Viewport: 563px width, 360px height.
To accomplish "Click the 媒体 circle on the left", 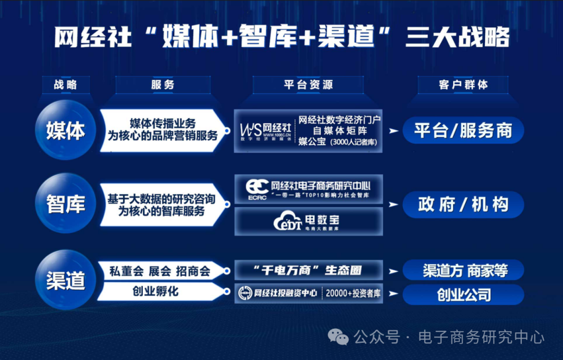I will tap(66, 130).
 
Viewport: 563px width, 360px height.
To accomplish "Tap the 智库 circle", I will tap(66, 204).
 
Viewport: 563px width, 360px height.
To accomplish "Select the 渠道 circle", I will tap(66, 280).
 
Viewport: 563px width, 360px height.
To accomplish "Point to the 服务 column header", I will tap(163, 84).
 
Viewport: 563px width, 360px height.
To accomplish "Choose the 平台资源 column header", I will tap(308, 84).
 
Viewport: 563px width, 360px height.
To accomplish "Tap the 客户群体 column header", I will tap(463, 84).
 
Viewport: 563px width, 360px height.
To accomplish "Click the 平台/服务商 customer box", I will tap(463, 130).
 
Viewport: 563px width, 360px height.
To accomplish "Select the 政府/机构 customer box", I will tap(463, 204).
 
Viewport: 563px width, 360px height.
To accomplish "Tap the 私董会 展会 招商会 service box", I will tap(160, 271).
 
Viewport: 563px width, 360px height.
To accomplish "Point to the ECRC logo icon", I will tap(257, 189).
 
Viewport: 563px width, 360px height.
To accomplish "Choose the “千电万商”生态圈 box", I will tap(309, 270).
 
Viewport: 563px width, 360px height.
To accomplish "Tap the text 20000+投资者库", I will tap(353, 293).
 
